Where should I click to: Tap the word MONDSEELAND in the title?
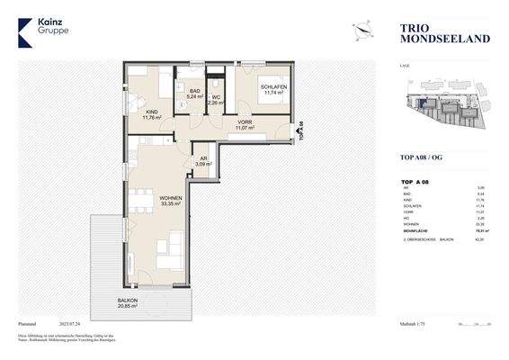[434, 40]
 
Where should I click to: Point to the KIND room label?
[150, 113]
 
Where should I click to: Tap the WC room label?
[216, 100]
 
